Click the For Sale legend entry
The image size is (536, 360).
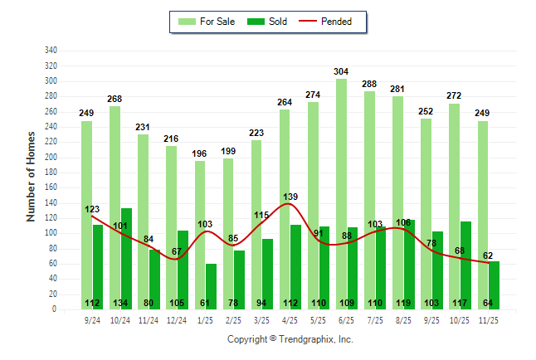tap(207, 22)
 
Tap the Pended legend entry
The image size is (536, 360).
tap(334, 22)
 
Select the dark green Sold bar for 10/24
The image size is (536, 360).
tap(126, 249)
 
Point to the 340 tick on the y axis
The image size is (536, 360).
tap(51, 51)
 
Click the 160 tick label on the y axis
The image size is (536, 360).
tap(51, 187)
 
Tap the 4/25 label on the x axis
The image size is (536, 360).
tap(289, 319)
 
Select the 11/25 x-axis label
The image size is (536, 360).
tap(487, 319)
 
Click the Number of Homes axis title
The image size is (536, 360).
tap(32, 177)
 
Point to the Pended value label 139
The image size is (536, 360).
tap(290, 197)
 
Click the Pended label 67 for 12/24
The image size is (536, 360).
tap(177, 252)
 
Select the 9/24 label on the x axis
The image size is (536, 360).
tap(91, 319)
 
